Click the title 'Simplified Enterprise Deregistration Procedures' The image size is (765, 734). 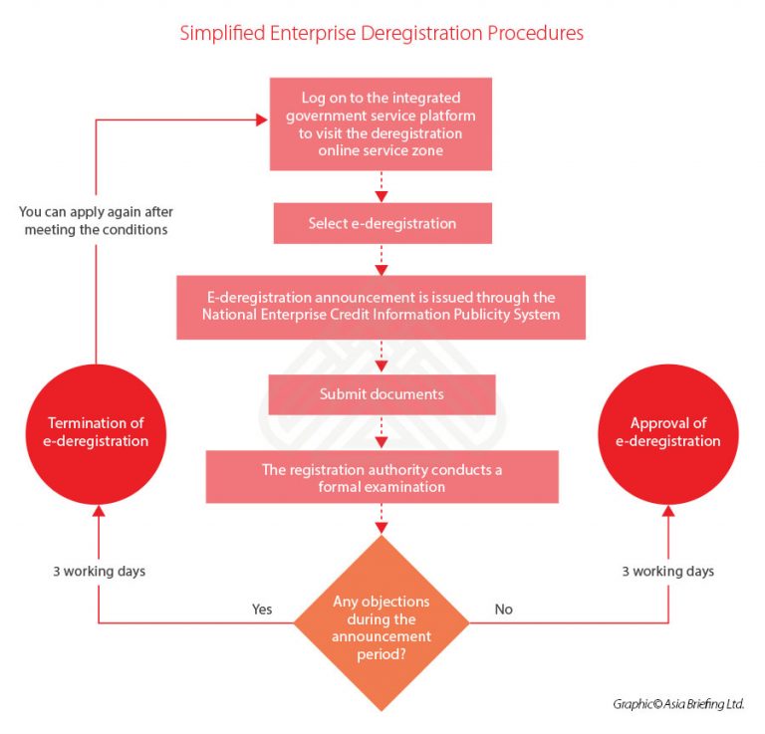(382, 33)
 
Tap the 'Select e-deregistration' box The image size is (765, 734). (382, 223)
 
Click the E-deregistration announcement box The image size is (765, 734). (382, 306)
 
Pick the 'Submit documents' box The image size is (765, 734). (382, 394)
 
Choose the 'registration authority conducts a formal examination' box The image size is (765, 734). (382, 477)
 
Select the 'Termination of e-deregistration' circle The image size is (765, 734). (98, 432)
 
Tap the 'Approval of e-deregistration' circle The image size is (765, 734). (667, 432)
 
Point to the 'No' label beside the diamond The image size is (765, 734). (503, 609)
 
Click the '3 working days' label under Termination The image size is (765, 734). (98, 572)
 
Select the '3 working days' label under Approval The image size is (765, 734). (667, 572)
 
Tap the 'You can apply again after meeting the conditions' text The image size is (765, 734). (94, 220)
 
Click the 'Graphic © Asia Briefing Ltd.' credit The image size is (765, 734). (678, 704)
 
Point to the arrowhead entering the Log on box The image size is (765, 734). (262, 120)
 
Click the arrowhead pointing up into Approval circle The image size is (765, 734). (667, 512)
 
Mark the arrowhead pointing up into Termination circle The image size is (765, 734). (98, 512)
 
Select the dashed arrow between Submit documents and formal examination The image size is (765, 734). (382, 432)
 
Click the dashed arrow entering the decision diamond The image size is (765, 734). (382, 520)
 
